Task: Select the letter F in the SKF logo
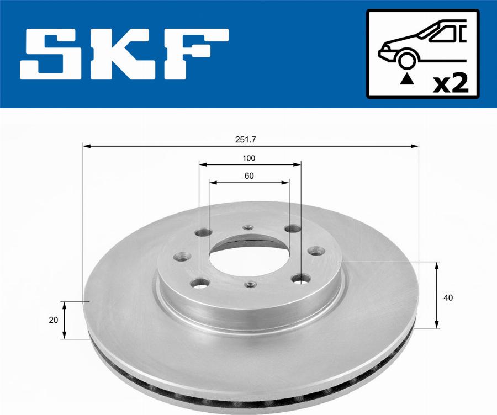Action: tap(197, 55)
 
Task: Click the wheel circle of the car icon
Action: tap(408, 60)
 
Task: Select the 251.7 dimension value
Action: tap(245, 140)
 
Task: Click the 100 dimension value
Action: tap(249, 158)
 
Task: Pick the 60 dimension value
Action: tap(249, 176)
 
